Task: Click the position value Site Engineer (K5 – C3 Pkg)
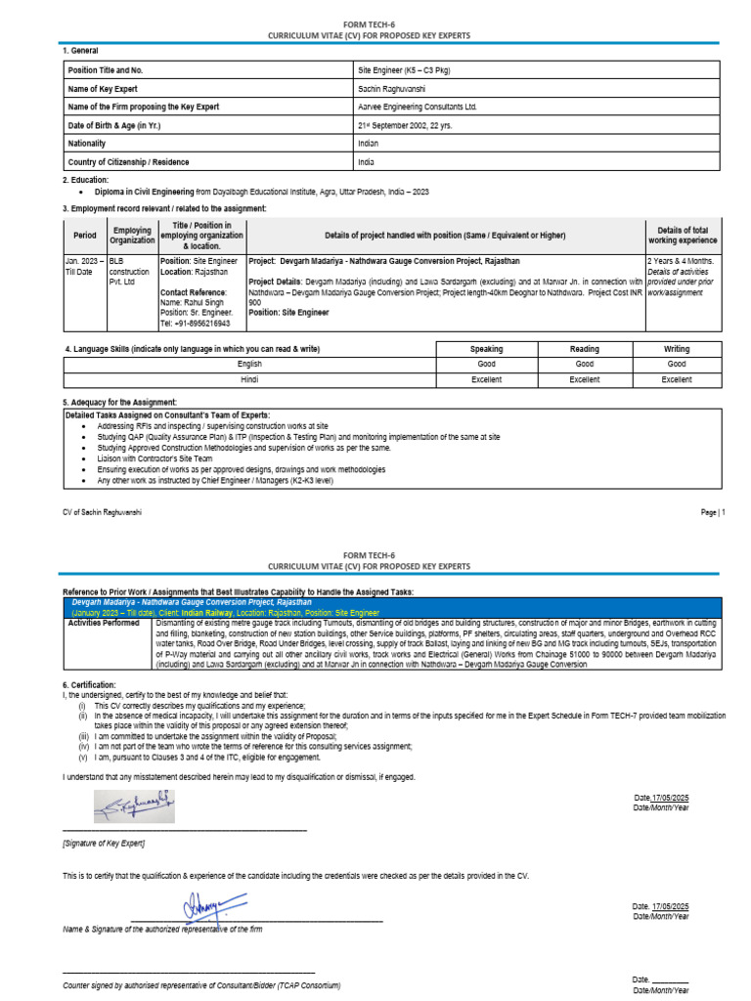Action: (404, 70)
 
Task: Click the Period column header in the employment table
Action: (85, 236)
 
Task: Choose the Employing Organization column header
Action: (132, 236)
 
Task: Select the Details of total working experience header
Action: (682, 235)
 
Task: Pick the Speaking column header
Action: (486, 349)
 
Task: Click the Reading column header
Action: (584, 349)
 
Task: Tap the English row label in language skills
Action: (249, 364)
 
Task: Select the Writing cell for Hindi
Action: (676, 379)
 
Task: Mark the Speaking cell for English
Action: (486, 364)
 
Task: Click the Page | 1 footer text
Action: (712, 512)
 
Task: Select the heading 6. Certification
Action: (89, 685)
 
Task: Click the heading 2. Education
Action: (86, 180)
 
